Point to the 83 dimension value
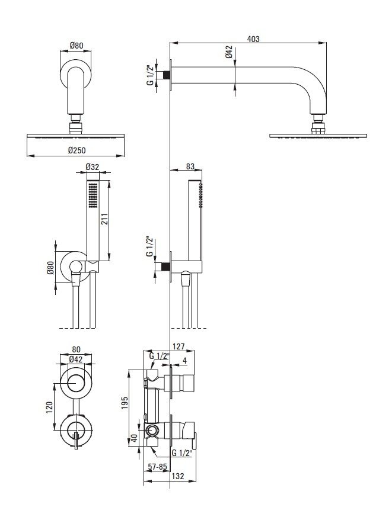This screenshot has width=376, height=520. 190,168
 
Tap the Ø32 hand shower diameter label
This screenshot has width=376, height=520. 93,168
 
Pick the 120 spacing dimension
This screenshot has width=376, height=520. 50,407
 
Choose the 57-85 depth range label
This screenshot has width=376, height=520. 157,466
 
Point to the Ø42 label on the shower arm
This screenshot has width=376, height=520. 229,54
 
